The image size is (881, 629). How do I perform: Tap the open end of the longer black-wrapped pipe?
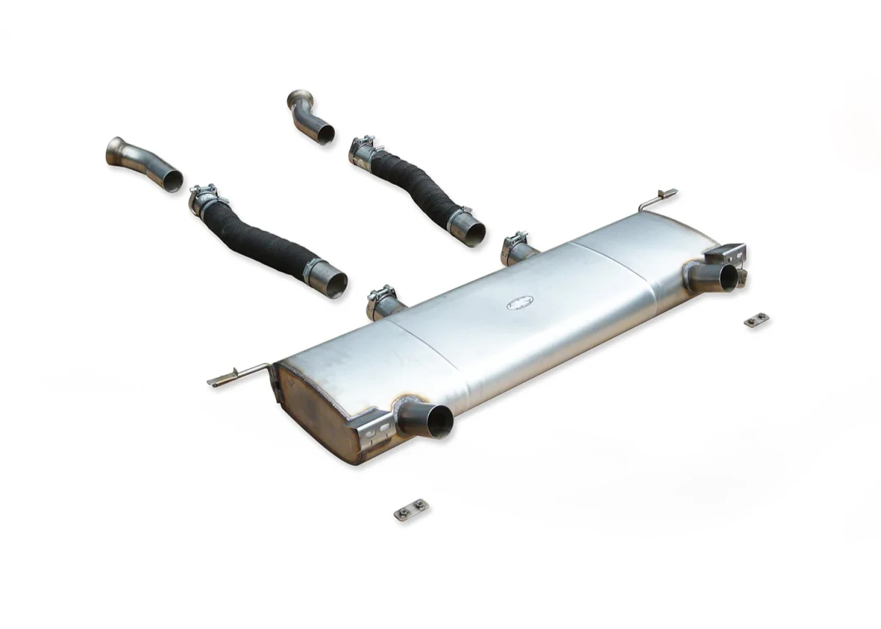point(336,283)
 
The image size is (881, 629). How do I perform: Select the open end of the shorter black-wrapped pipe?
point(474,233)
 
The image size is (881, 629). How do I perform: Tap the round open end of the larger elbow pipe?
point(172,180)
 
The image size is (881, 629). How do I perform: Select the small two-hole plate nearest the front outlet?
point(411,509)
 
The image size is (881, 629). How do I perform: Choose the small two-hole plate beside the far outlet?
point(756,320)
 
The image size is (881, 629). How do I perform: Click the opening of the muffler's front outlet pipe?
point(441,421)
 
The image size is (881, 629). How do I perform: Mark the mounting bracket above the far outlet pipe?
point(726,253)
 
